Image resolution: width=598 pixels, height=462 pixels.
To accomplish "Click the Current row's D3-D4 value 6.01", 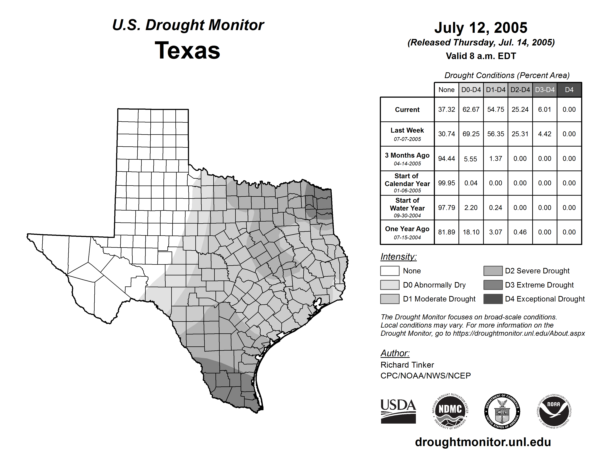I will (x=544, y=109).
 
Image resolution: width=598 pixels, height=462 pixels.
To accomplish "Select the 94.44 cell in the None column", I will (x=446, y=159).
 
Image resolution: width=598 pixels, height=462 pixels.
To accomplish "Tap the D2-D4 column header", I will (x=520, y=90).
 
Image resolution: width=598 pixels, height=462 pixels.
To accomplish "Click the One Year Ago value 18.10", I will (x=471, y=232).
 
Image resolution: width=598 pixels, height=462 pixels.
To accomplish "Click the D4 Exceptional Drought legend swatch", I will (x=493, y=299).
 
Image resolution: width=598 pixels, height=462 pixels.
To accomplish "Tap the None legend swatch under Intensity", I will (x=390, y=271).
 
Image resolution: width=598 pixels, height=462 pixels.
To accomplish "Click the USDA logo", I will (x=398, y=411).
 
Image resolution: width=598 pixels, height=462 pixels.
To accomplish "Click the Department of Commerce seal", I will (x=502, y=411).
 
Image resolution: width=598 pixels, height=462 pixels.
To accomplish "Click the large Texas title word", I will (x=187, y=50).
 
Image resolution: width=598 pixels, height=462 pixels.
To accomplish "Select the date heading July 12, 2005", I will (x=481, y=28).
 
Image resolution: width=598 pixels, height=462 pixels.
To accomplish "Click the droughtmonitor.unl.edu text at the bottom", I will (x=483, y=442).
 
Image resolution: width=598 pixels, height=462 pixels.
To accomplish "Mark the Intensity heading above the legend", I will (x=398, y=257).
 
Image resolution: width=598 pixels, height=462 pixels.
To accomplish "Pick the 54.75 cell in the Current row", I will (x=496, y=109).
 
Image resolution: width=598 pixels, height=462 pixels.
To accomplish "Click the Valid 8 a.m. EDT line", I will (x=481, y=56).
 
